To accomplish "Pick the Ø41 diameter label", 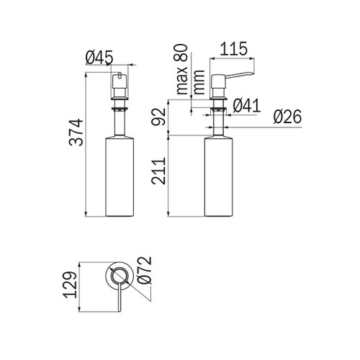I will point(247,106).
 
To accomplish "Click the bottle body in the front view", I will point(120,176).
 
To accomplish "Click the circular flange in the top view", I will point(117,276).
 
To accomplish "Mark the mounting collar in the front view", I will point(120,109).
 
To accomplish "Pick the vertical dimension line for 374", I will point(86,143).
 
